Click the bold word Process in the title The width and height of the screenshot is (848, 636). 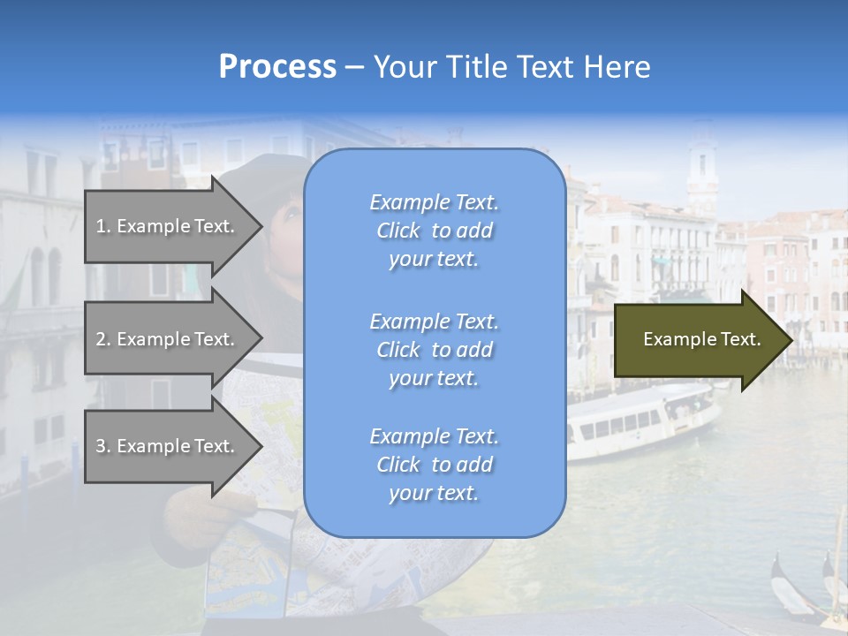[x=277, y=67]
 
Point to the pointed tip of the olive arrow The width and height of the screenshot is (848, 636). [x=791, y=340]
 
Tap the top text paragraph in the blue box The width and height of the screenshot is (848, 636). [x=434, y=231]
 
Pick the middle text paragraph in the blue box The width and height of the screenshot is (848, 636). [x=434, y=350]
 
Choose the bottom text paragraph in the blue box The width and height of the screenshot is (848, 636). [x=434, y=465]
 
